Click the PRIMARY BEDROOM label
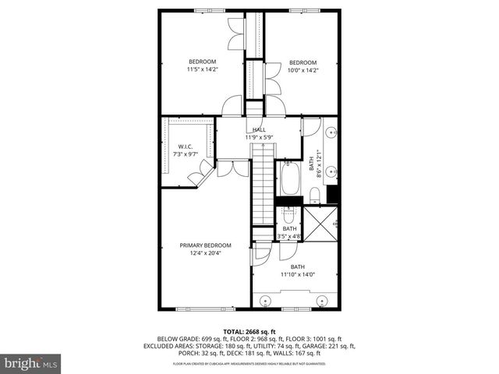point(206,245)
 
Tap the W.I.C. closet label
point(185,146)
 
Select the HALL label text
point(258,129)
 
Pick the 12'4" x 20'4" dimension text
point(206,252)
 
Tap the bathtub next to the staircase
point(288,179)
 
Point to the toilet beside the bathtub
point(315,194)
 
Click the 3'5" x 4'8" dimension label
point(289,236)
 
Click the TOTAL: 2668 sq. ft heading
point(249,330)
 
